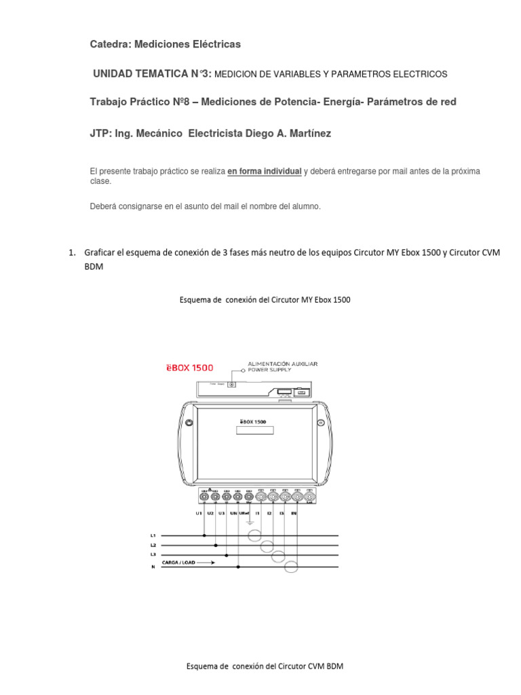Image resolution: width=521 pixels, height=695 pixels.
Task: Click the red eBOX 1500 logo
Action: pyautogui.click(x=191, y=368)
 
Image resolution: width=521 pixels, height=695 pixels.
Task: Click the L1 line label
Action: pyautogui.click(x=153, y=536)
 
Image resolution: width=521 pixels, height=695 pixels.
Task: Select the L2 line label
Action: pyautogui.click(x=153, y=545)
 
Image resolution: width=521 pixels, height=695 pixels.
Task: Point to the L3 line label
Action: pyautogui.click(x=153, y=555)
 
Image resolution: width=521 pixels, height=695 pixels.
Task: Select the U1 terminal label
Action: pyautogui.click(x=199, y=514)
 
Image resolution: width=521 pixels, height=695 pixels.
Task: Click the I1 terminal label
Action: pyautogui.click(x=258, y=514)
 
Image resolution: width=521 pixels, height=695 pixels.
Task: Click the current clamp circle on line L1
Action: pyautogui.click(x=254, y=536)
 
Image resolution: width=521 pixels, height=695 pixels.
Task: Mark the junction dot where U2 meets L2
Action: pyautogui.click(x=216, y=545)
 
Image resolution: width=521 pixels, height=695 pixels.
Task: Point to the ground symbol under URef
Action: pyautogui.click(x=250, y=523)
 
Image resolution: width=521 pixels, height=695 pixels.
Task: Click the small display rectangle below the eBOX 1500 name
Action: pyautogui.click(x=254, y=431)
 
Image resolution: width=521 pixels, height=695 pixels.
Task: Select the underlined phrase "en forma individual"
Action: pyautogui.click(x=264, y=172)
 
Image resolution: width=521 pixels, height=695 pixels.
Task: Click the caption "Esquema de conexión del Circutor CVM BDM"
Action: pyautogui.click(x=265, y=666)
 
